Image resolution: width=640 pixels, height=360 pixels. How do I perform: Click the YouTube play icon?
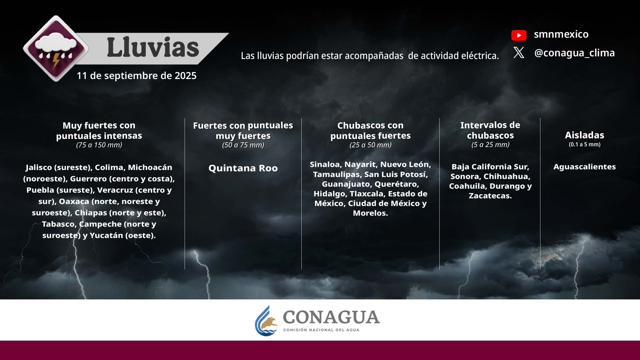[519, 35]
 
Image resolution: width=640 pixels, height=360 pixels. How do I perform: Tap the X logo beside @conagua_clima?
[519, 53]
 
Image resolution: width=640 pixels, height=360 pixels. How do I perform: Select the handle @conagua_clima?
[574, 53]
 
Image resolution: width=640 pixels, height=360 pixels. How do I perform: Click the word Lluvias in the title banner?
[153, 47]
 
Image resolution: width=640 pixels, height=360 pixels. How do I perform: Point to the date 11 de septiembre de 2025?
[137, 76]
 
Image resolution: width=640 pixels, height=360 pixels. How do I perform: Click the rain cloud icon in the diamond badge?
[56, 49]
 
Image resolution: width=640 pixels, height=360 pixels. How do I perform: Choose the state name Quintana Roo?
[243, 168]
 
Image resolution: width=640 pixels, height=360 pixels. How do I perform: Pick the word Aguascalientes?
[584, 167]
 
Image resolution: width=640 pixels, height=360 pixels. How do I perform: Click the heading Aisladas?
[584, 135]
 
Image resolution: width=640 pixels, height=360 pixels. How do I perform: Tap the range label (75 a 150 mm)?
[99, 145]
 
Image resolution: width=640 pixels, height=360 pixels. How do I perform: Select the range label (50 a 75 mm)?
[243, 145]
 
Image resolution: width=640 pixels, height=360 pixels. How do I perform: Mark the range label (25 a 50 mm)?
[370, 145]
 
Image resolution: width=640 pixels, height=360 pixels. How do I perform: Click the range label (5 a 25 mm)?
[490, 145]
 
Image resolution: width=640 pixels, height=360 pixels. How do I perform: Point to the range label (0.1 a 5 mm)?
[584, 145]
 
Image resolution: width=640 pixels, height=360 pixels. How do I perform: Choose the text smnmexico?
[561, 34]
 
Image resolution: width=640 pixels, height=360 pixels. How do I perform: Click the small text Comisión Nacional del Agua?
[321, 330]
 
